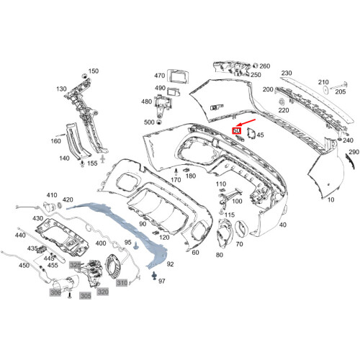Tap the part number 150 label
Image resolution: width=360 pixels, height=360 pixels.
tap(93, 72)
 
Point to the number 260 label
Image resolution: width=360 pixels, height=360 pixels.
tap(264, 66)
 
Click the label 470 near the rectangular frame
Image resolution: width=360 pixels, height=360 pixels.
tap(160, 75)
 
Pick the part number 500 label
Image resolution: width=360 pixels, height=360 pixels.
tap(149, 122)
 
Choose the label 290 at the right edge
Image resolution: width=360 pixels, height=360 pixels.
tap(353, 153)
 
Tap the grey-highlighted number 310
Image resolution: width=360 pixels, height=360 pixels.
tap(122, 282)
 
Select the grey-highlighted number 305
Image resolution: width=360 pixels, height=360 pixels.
tap(85, 294)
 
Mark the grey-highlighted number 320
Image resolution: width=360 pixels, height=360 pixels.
tap(103, 292)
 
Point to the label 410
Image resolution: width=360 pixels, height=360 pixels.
tap(52, 195)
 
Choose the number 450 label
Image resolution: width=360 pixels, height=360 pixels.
tap(24, 265)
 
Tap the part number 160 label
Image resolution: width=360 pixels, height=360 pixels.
tap(57, 142)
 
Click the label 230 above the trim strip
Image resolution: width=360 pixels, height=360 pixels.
tap(286, 74)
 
